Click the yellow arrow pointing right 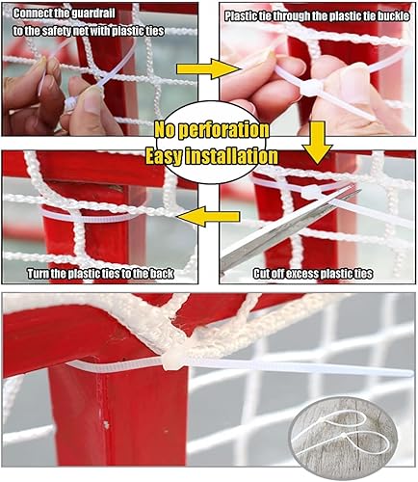click(x=215, y=68)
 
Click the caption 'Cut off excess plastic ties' click(x=312, y=274)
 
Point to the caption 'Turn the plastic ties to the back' click(x=99, y=274)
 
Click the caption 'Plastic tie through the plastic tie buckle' click(x=315, y=16)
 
